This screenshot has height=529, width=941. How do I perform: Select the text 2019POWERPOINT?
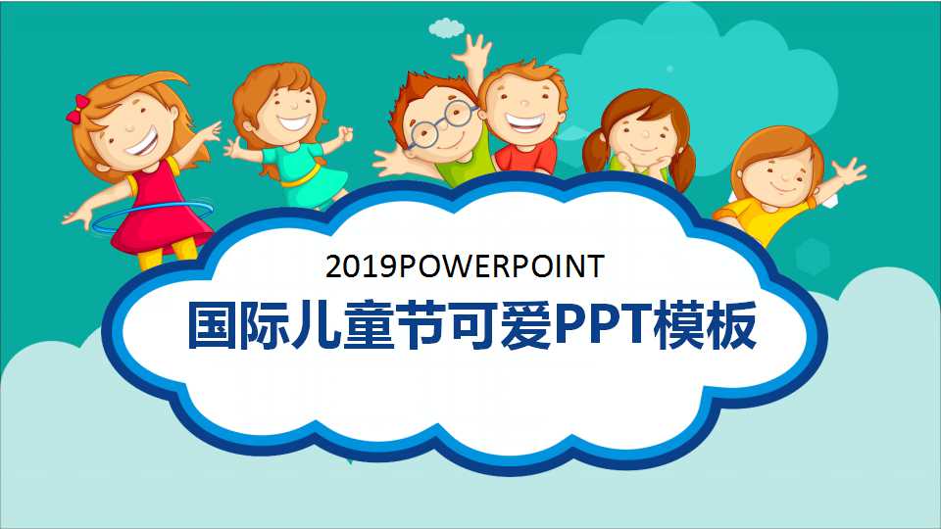(466, 266)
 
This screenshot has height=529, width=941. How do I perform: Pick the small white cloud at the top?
(447, 27)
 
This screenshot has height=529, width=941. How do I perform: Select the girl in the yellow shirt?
(774, 181)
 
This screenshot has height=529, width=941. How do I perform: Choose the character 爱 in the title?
(520, 326)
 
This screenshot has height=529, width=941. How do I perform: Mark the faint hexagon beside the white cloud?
(813, 257)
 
